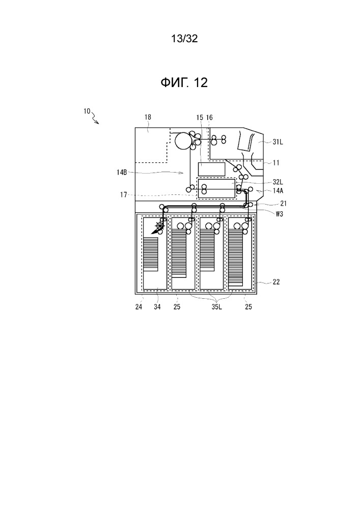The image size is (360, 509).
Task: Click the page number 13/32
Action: tap(184, 39)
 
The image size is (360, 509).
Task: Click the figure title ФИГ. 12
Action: tap(184, 83)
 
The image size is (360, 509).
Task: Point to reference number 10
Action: tap(87, 111)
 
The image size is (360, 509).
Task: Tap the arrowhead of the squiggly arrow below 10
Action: tap(97, 122)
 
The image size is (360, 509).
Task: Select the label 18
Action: tap(148, 117)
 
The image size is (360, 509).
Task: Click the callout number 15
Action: tap(200, 118)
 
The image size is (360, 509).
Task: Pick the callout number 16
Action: tap(209, 118)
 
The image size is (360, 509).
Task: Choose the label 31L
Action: tap(278, 142)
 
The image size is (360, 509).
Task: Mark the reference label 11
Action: tap(276, 163)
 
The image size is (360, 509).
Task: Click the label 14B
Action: tap(122, 173)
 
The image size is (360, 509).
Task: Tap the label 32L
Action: tap(278, 182)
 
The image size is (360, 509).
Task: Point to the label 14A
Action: tap(278, 191)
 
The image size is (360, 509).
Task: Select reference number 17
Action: tap(123, 195)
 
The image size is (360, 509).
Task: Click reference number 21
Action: tap(284, 204)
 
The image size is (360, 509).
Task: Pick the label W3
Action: tap(279, 214)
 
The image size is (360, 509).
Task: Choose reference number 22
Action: tap(276, 282)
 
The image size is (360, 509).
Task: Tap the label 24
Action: tap(139, 307)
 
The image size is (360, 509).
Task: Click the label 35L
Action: tap(216, 307)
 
